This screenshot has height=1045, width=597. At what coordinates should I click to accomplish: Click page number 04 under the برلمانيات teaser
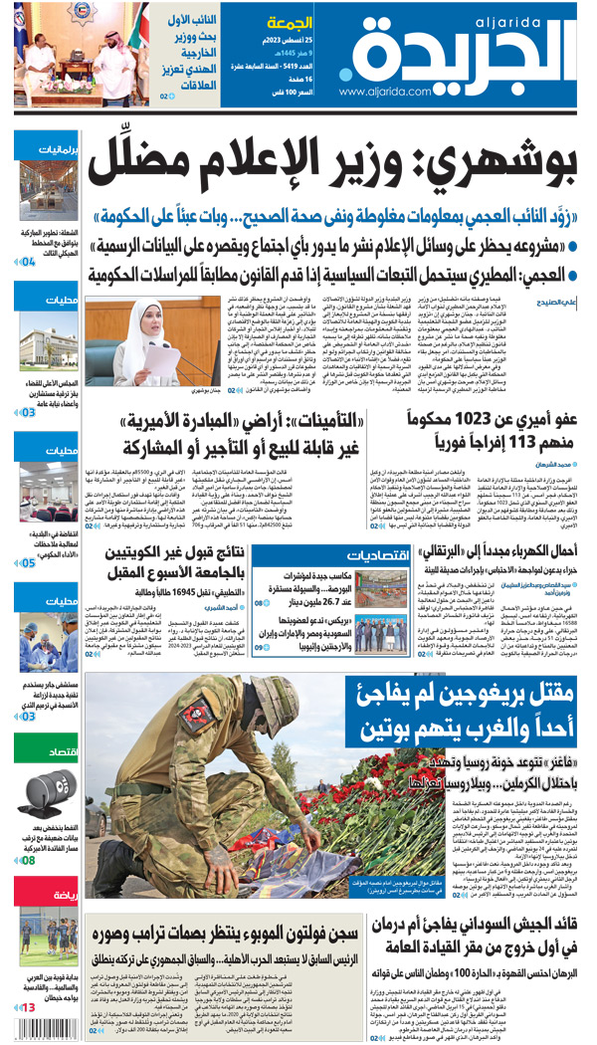tap(28, 262)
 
